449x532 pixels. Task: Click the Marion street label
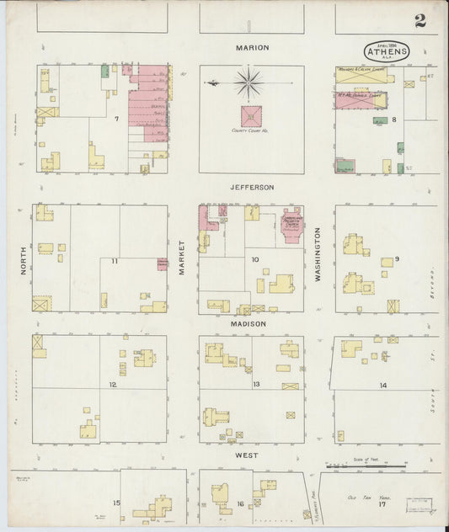(252, 48)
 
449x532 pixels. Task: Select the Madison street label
(249, 323)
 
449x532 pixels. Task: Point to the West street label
(247, 455)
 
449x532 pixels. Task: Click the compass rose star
(249, 82)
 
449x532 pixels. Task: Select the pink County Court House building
(251, 116)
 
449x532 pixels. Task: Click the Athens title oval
(388, 51)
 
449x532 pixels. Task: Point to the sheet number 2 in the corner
(420, 21)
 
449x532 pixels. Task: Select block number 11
(115, 263)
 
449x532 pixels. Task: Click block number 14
(382, 385)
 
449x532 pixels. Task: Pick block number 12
(111, 385)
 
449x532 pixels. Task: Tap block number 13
(255, 385)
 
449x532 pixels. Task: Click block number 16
(240, 503)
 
